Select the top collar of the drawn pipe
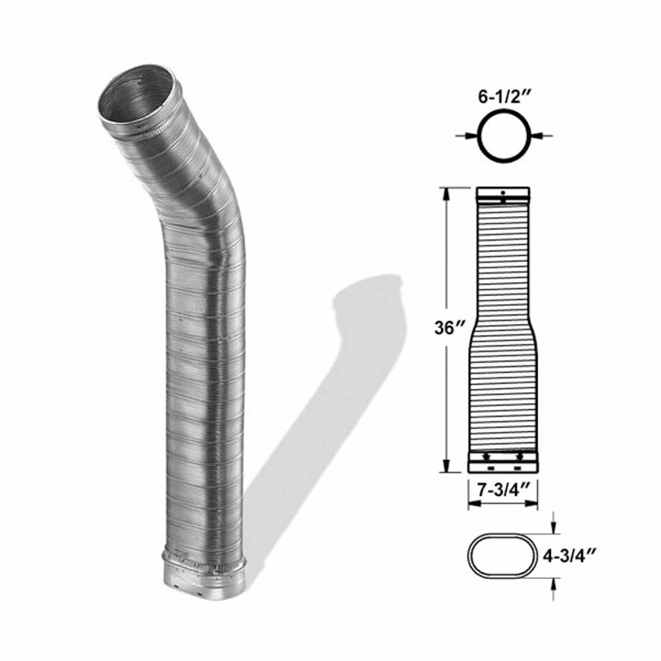502,195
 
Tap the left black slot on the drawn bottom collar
490,468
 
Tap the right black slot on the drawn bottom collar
517,468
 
